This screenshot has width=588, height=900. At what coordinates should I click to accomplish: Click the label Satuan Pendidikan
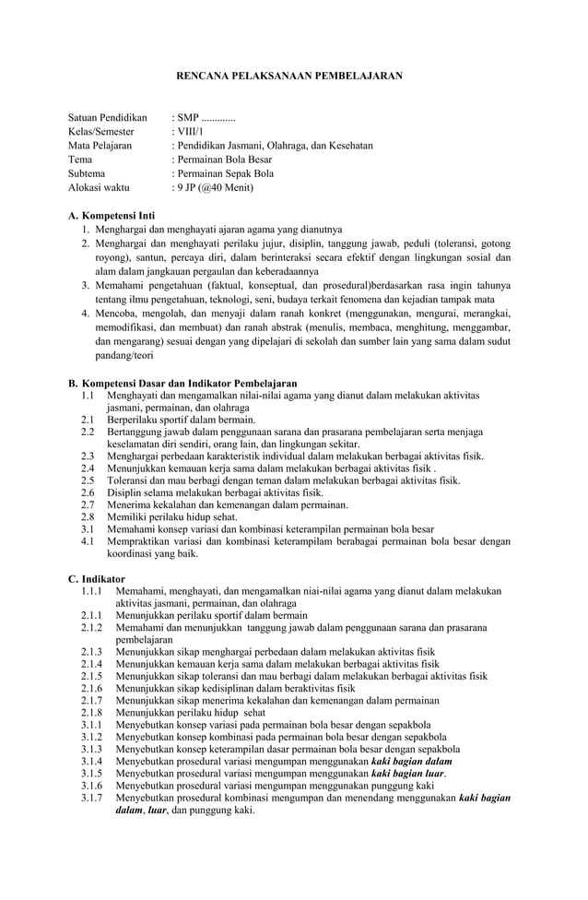[108, 119]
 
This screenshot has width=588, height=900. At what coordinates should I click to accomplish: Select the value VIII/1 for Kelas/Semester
[191, 133]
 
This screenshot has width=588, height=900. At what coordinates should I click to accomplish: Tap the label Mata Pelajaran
[100, 146]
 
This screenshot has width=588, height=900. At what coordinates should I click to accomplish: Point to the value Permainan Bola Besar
[225, 160]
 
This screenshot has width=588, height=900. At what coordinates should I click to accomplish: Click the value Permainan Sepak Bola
[226, 172]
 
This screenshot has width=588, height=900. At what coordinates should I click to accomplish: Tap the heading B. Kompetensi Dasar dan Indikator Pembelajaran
[182, 383]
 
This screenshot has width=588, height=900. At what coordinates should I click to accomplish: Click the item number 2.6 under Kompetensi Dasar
[88, 492]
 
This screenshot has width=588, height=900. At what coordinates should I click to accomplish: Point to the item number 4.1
[88, 542]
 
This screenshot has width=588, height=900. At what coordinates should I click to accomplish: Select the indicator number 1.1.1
[90, 591]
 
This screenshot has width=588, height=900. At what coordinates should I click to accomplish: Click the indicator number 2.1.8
[90, 714]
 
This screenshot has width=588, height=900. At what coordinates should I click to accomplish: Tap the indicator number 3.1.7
[90, 798]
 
